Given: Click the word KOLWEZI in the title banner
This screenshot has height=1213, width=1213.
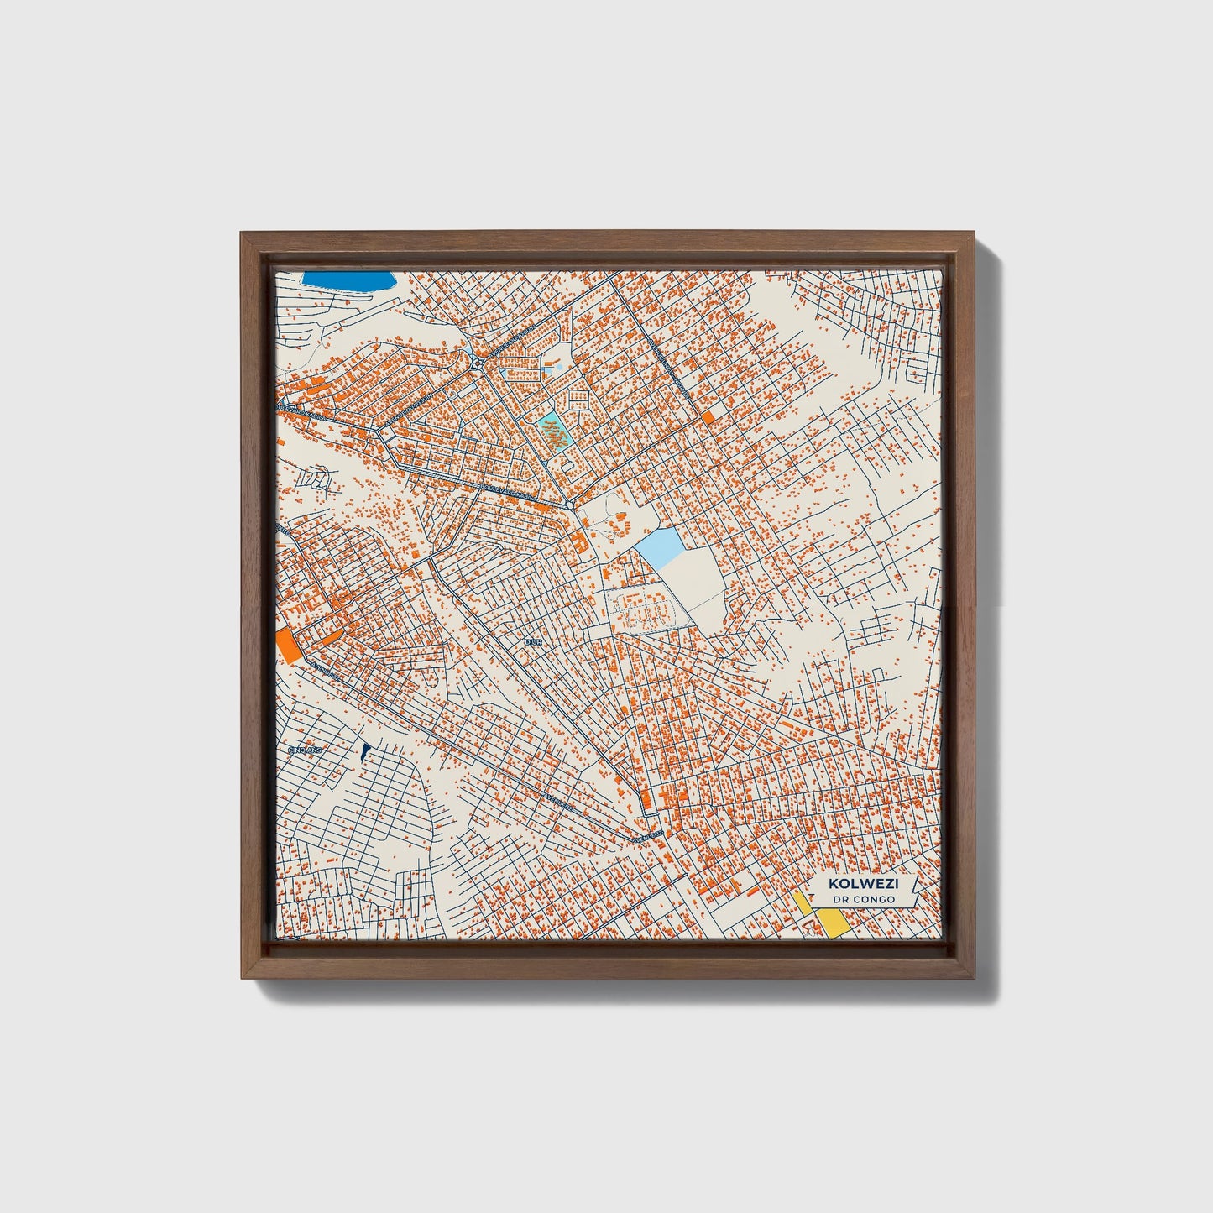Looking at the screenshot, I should (861, 883).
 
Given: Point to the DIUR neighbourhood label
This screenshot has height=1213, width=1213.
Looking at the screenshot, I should (533, 641).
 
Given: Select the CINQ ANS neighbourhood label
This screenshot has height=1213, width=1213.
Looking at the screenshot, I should (306, 750).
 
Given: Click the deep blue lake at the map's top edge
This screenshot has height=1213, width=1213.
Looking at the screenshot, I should (348, 282).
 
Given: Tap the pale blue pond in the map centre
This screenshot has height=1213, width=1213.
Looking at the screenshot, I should (660, 550).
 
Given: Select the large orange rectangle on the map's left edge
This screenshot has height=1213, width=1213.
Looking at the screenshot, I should (286, 645).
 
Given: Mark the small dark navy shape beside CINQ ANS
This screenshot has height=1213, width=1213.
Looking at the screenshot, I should (365, 752).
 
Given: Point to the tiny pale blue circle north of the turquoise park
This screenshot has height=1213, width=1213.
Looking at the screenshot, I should (560, 367).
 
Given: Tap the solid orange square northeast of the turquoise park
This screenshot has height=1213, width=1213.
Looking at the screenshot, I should (709, 417).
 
